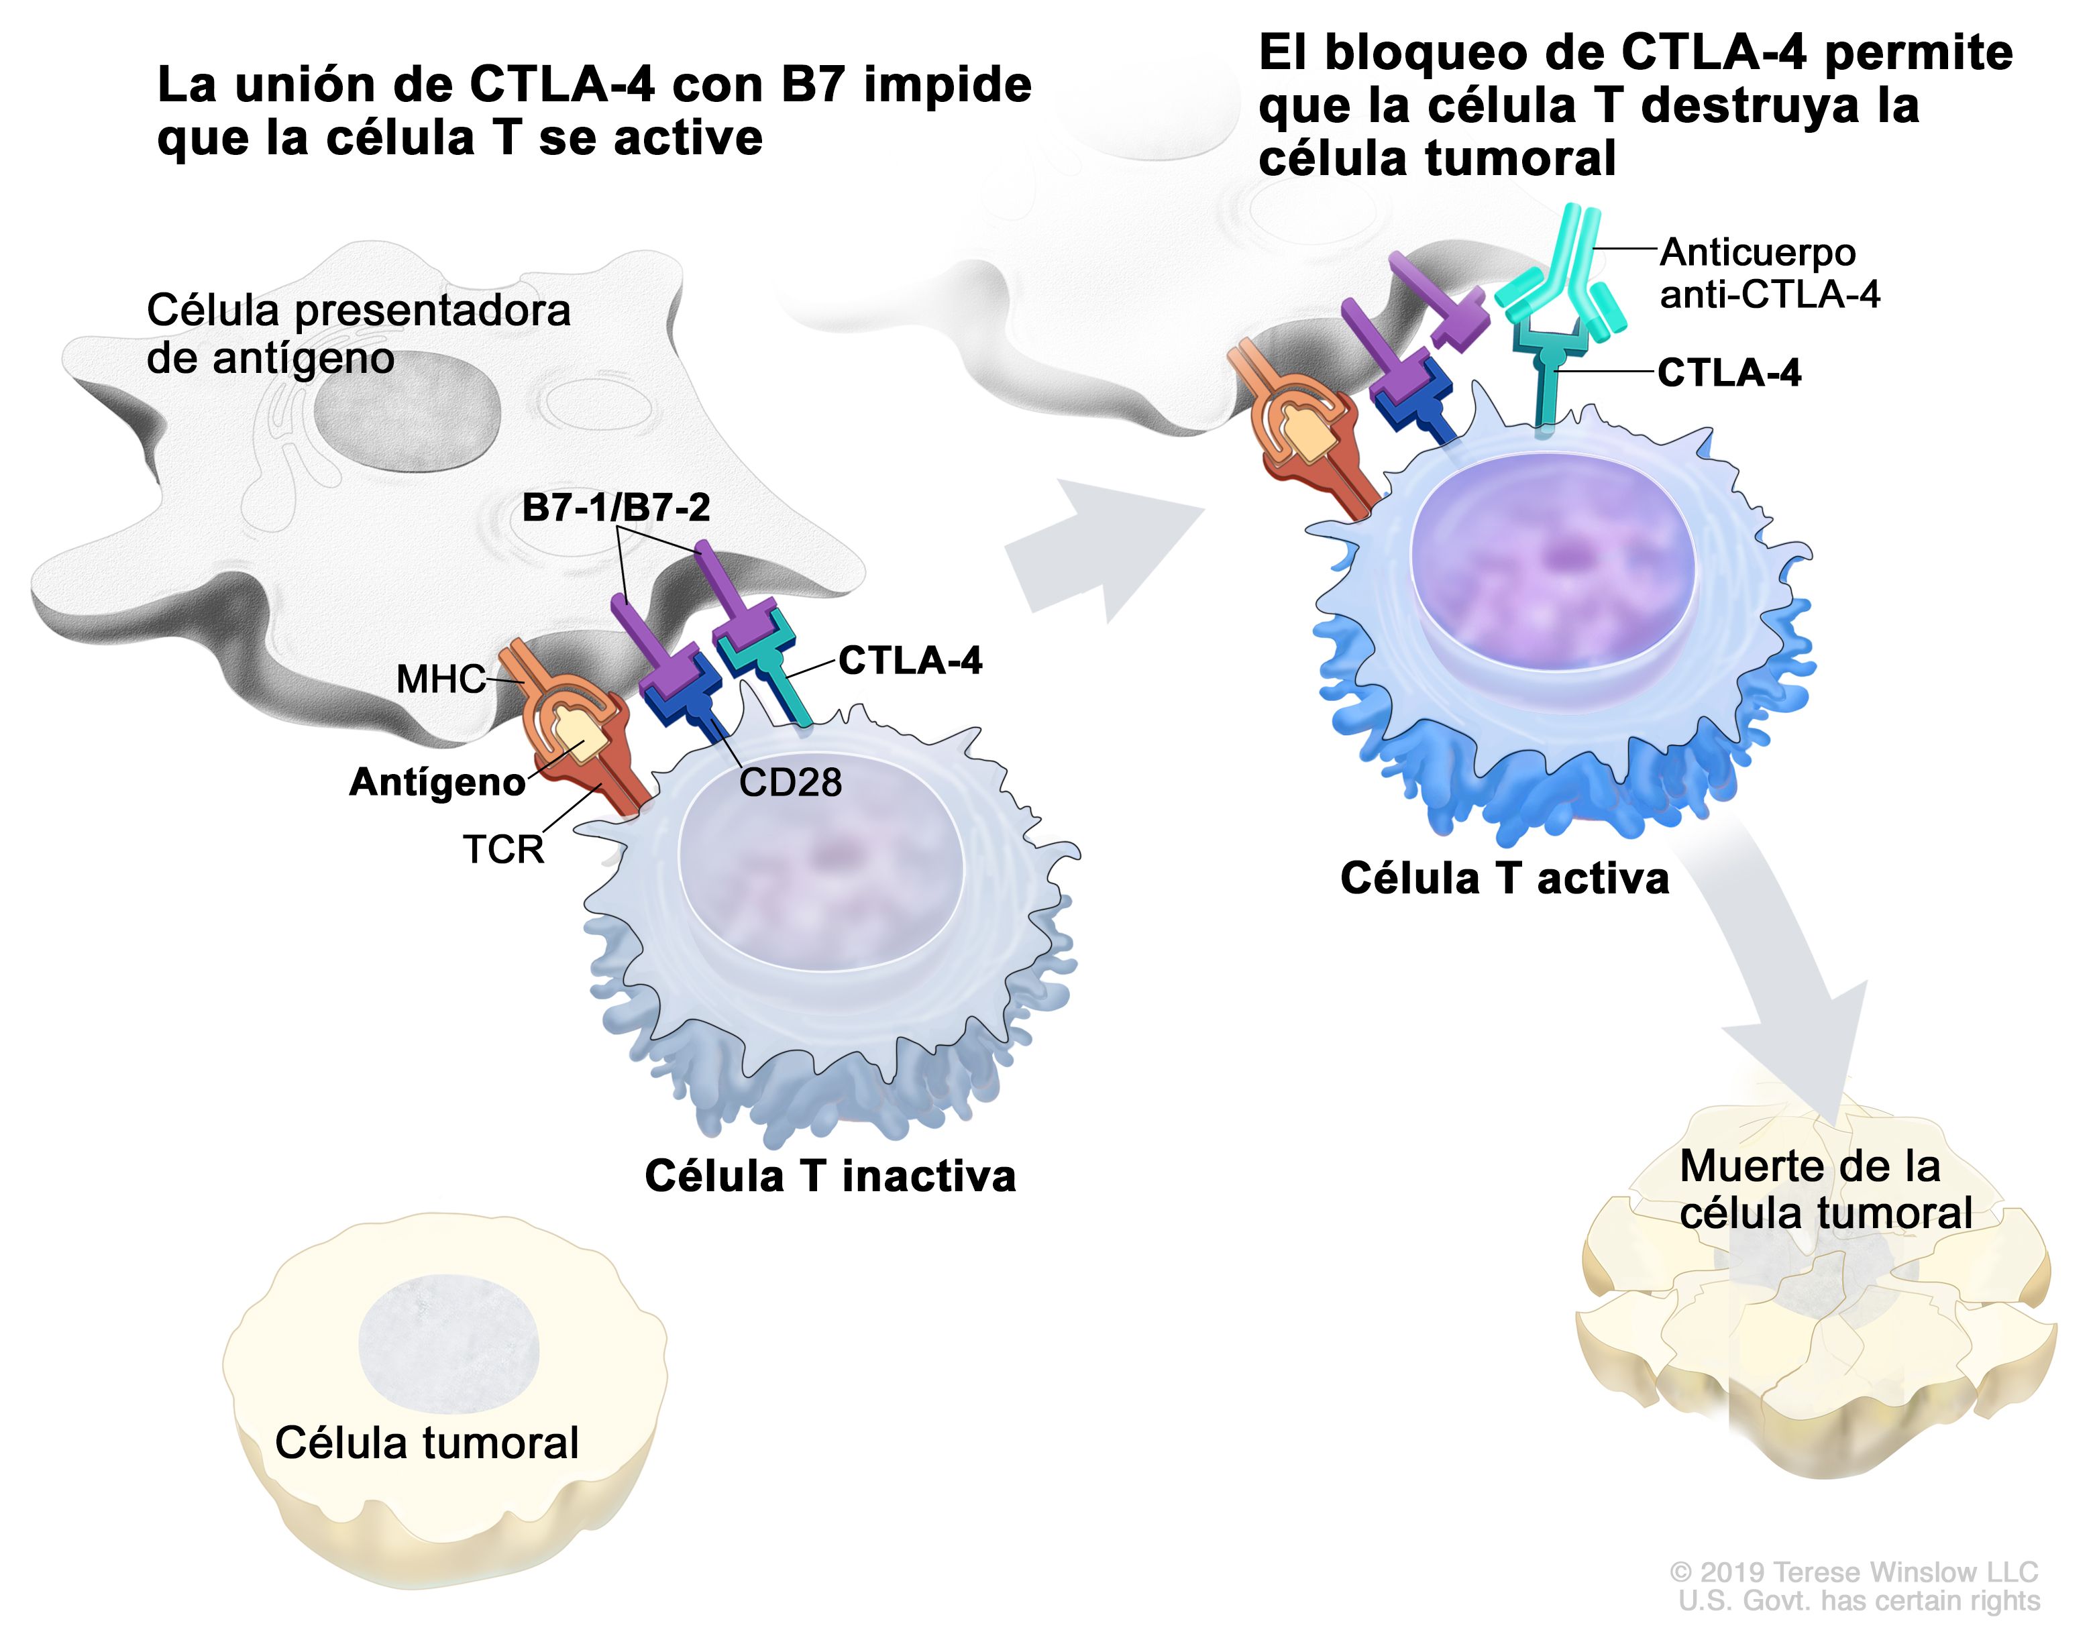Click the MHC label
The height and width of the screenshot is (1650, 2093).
click(x=439, y=679)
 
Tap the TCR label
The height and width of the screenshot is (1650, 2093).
click(x=503, y=849)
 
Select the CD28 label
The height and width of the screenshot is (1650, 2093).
click(x=790, y=781)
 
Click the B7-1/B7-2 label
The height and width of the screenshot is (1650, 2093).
click(x=616, y=507)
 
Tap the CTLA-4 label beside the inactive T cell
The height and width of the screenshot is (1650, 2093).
click(x=909, y=661)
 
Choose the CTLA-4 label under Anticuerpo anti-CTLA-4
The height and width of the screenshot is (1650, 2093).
click(x=1729, y=373)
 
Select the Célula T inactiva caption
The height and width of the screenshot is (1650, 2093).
click(x=830, y=1176)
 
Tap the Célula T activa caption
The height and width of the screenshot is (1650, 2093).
click(x=1503, y=878)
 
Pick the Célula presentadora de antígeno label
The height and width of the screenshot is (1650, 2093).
click(x=358, y=334)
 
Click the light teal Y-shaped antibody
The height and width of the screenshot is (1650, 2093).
click(x=1564, y=280)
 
